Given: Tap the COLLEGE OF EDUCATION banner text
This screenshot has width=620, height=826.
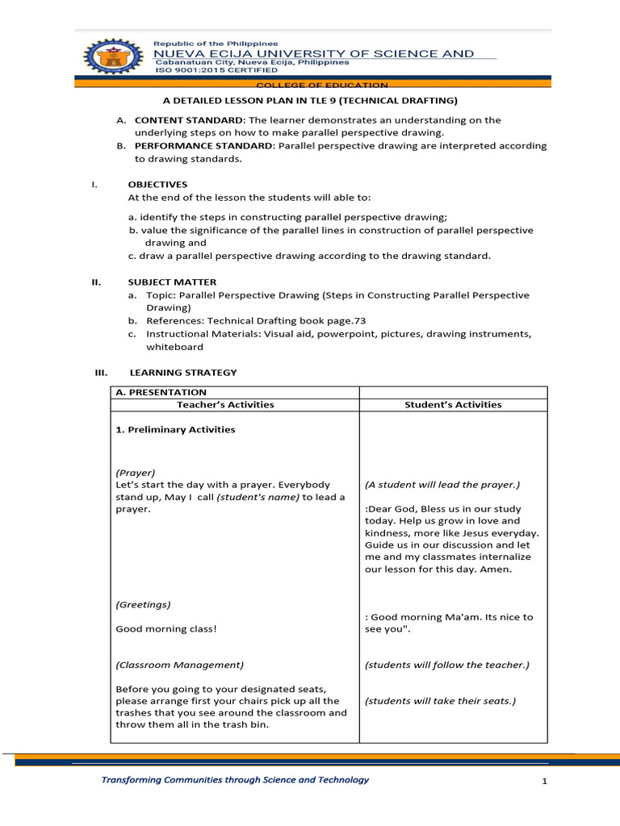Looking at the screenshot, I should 321,85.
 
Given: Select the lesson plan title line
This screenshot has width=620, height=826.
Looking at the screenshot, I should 310,101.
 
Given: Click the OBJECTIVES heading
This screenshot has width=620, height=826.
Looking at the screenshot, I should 157,185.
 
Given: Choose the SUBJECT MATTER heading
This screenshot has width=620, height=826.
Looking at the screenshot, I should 172,282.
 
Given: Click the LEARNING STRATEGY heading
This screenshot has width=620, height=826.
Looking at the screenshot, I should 183,373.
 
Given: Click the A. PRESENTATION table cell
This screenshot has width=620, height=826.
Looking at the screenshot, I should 161,393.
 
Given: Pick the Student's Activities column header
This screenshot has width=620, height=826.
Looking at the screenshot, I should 453,405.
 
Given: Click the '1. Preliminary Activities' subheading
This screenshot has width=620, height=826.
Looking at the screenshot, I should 175,430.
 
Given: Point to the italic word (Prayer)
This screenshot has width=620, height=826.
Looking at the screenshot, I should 136,473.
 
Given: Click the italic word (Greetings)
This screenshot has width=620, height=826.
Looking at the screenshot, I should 143,604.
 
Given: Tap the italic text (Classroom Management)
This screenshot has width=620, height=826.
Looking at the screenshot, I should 179,665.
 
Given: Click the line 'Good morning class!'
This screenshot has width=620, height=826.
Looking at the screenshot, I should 166,628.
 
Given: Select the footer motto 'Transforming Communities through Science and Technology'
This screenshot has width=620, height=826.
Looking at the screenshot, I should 234,780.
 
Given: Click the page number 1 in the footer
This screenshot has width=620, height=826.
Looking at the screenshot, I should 545,782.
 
